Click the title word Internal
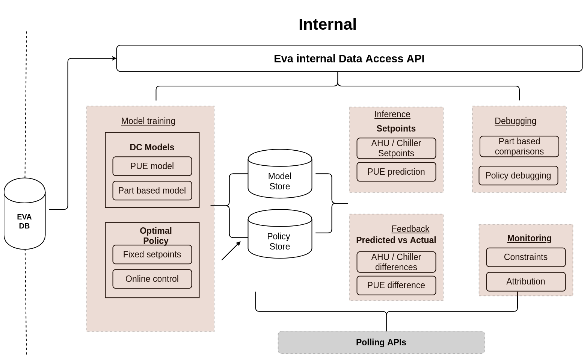(327, 24)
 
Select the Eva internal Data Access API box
(349, 59)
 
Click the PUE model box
(152, 166)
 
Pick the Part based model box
(152, 191)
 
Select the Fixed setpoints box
(152, 254)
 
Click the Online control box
(152, 279)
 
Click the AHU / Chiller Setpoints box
(396, 148)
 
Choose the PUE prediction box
(396, 172)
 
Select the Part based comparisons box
(519, 147)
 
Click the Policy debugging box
(518, 175)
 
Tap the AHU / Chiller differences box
(396, 262)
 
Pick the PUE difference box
(396, 285)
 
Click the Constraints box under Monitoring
(526, 257)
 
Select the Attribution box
(526, 281)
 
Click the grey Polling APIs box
(381, 342)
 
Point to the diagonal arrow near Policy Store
(231, 251)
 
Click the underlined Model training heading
(148, 121)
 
